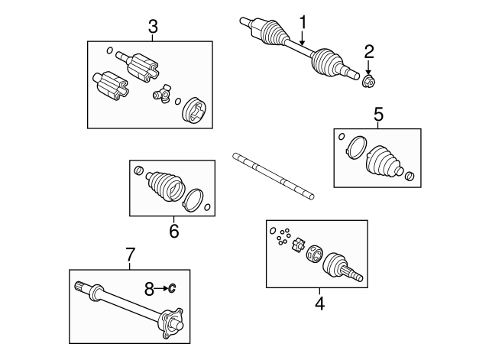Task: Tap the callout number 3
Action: pyautogui.click(x=153, y=28)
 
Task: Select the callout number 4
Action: pyautogui.click(x=319, y=303)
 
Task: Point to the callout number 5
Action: pyautogui.click(x=378, y=115)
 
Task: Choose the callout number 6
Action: pyautogui.click(x=173, y=230)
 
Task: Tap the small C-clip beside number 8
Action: pyautogui.click(x=173, y=288)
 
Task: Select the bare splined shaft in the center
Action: pyautogui.click(x=273, y=177)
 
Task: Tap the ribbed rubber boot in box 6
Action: pyautogui.click(x=164, y=187)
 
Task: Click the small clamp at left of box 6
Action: pyautogui.click(x=138, y=170)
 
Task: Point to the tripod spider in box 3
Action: pyautogui.click(x=162, y=95)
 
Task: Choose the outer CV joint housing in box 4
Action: pyautogui.click(x=338, y=267)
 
